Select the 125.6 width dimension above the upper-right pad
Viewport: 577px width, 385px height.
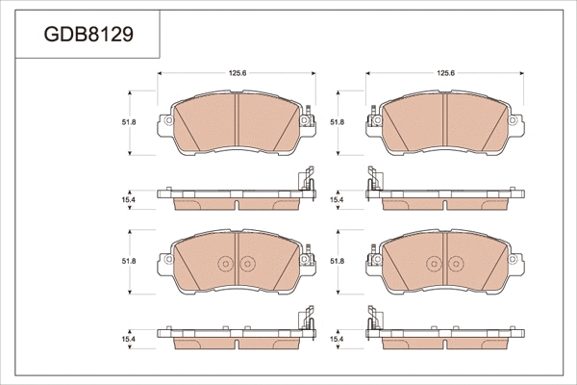(445, 73)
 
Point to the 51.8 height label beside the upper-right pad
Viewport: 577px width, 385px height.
(337, 123)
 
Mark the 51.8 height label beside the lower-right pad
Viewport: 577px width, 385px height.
(337, 261)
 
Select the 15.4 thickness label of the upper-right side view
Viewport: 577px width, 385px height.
(337, 199)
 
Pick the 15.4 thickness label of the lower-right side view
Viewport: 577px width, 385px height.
(337, 338)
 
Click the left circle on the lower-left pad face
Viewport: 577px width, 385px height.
(227, 263)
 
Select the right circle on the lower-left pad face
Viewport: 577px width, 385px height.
(248, 263)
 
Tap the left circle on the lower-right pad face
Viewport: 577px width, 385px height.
(433, 263)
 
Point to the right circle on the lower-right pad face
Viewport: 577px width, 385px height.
(454, 263)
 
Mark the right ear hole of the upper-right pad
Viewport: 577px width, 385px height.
(516, 121)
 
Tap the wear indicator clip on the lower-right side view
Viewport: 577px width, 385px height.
(371, 320)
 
